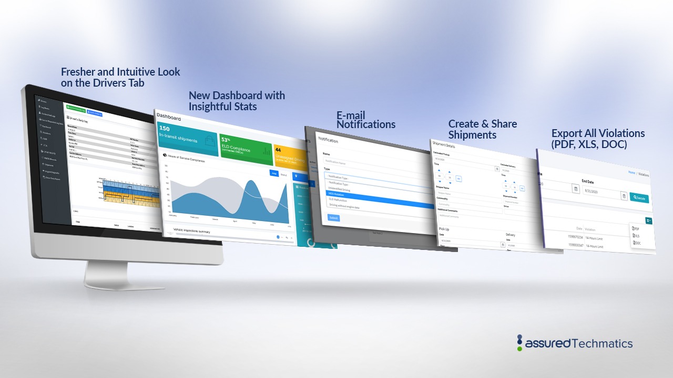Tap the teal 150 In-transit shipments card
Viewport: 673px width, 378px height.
click(x=187, y=138)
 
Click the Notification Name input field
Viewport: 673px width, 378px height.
click(x=368, y=163)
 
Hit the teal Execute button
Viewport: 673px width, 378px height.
click(x=639, y=198)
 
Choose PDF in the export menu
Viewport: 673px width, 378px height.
click(x=637, y=229)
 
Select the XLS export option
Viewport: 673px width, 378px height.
click(x=637, y=236)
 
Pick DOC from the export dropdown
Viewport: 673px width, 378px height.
click(x=637, y=243)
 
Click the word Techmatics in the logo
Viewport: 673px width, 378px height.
click(x=602, y=344)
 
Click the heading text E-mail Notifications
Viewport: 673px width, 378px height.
click(x=366, y=120)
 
